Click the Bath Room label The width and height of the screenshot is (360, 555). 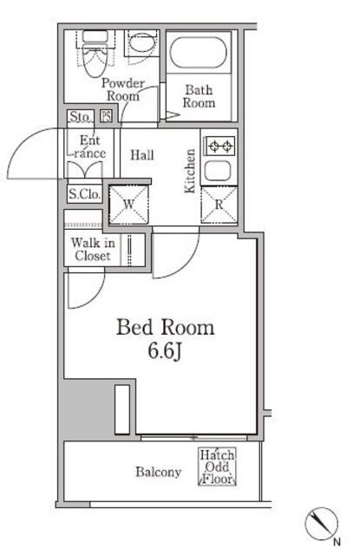(x=199, y=95)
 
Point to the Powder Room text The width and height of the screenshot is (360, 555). (x=122, y=89)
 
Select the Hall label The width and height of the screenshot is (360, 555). (x=142, y=155)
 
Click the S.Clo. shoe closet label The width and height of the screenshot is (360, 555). (x=84, y=194)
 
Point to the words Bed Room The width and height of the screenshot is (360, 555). (x=165, y=328)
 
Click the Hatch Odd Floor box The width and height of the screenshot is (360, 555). (x=214, y=467)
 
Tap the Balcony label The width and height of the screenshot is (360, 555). (x=158, y=473)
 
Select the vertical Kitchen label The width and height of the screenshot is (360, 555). (x=189, y=172)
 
